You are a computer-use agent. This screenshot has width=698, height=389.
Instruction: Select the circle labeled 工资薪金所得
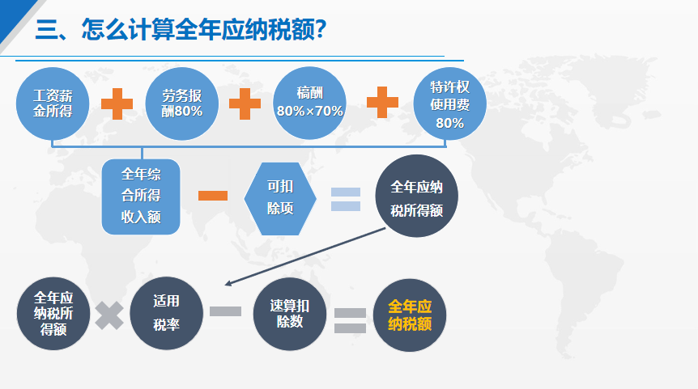(53, 104)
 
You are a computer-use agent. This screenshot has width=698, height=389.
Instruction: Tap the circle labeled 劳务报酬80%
(181, 104)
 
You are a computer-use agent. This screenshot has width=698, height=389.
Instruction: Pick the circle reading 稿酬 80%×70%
(309, 104)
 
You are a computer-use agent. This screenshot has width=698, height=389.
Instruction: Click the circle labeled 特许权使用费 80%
(449, 104)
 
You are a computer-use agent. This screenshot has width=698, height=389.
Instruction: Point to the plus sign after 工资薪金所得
(117, 104)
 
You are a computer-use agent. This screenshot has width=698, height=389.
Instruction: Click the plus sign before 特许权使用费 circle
(382, 102)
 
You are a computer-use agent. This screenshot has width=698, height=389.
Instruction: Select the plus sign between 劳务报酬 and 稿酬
(245, 104)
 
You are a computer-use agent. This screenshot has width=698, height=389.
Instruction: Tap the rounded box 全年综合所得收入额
(141, 197)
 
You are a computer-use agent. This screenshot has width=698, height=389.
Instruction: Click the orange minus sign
(213, 196)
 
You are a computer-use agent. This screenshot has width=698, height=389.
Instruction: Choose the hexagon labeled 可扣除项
(280, 199)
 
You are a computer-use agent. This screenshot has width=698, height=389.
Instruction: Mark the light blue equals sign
(346, 199)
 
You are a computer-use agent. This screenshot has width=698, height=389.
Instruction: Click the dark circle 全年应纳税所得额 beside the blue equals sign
(416, 196)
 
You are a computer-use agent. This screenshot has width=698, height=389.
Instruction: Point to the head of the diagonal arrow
(225, 284)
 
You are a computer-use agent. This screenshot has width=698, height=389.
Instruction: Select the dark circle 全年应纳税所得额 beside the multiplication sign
(53, 314)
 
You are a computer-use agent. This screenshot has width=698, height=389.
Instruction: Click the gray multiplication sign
(109, 315)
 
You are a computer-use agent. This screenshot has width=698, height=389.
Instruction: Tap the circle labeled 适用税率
(167, 313)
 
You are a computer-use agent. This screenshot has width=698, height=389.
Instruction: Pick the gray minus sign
(226, 311)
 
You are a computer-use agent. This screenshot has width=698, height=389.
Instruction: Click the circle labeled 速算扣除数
(290, 314)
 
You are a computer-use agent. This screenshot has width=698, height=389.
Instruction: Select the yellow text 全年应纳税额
(410, 315)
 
